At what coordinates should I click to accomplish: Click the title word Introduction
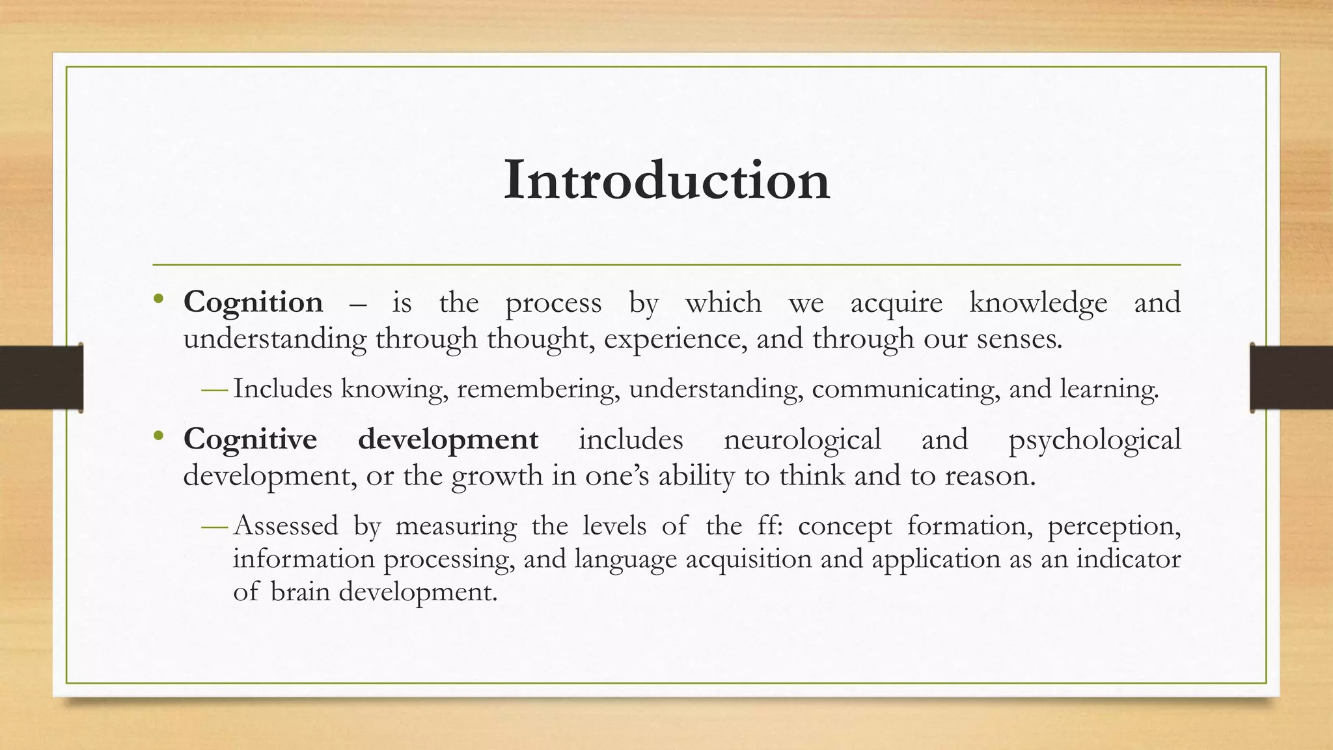(666, 180)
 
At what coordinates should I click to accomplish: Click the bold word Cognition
(253, 303)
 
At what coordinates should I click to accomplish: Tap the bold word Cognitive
(250, 439)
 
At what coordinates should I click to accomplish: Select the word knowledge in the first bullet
(1038, 303)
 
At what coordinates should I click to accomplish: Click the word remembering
(538, 389)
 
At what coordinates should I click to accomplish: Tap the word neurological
(802, 439)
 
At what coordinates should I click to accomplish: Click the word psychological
(1094, 441)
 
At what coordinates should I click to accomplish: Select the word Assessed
(286, 525)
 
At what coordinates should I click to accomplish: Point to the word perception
(1114, 527)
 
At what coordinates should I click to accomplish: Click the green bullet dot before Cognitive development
(158, 436)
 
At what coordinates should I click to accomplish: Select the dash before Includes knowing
(214, 391)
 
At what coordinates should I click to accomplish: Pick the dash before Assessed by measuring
(214, 527)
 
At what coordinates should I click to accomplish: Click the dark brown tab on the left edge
(40, 378)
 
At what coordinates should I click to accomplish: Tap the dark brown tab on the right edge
(1291, 378)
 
